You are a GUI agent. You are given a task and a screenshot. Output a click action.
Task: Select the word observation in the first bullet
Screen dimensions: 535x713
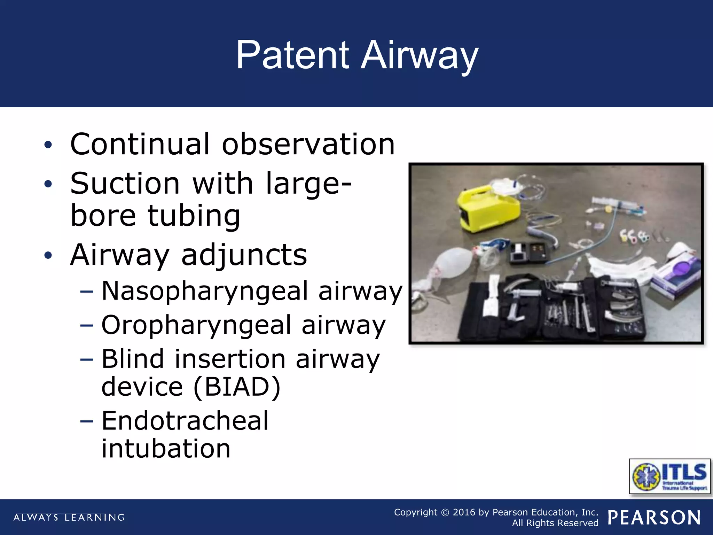coord(308,144)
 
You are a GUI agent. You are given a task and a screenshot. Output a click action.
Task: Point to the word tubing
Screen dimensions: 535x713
coord(194,216)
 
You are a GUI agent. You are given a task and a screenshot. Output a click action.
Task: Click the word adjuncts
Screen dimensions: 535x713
coord(244,255)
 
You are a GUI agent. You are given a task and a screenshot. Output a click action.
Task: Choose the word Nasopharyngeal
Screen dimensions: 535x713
coord(205,291)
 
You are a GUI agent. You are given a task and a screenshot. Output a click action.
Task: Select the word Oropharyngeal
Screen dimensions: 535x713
coord(196,325)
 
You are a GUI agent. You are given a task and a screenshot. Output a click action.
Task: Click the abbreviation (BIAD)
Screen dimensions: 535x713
coord(237,386)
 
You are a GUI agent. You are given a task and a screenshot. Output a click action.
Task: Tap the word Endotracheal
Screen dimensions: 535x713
coord(185,421)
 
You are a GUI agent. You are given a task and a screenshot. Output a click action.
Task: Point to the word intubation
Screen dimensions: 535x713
coord(166,448)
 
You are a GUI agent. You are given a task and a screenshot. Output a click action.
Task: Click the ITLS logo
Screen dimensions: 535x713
coord(669,476)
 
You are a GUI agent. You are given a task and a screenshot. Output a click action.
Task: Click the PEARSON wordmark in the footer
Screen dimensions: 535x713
coord(654,518)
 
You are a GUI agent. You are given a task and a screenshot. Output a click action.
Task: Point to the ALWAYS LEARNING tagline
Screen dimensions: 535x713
coord(69,517)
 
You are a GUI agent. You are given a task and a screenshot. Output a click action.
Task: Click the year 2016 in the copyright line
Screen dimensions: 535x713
coord(464,512)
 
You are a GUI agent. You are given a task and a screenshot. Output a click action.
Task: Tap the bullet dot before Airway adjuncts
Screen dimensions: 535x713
coord(48,255)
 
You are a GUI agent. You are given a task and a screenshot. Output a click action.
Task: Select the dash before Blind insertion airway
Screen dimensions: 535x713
coord(87,359)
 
